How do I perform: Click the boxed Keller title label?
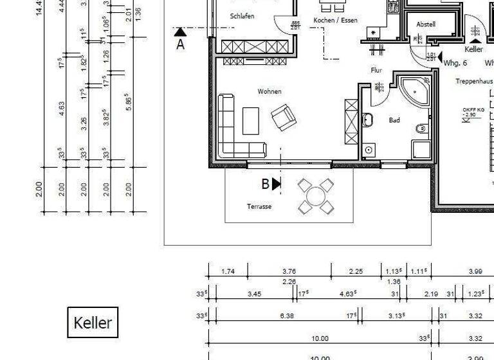(93, 322)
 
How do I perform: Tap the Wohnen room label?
(270, 92)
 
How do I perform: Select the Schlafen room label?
(242, 16)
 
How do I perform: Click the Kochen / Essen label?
(334, 21)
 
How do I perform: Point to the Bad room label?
(394, 120)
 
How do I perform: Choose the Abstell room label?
(426, 24)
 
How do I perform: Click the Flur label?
(376, 71)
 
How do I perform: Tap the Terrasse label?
(259, 206)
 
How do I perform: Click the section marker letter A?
(181, 45)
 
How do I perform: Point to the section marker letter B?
(265, 184)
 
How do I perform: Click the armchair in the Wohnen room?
(283, 116)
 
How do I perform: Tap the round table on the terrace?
(316, 196)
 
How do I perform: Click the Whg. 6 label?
(455, 63)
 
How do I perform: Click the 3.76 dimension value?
(289, 271)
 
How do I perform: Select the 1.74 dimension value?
(228, 271)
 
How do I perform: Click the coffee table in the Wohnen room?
(250, 120)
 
